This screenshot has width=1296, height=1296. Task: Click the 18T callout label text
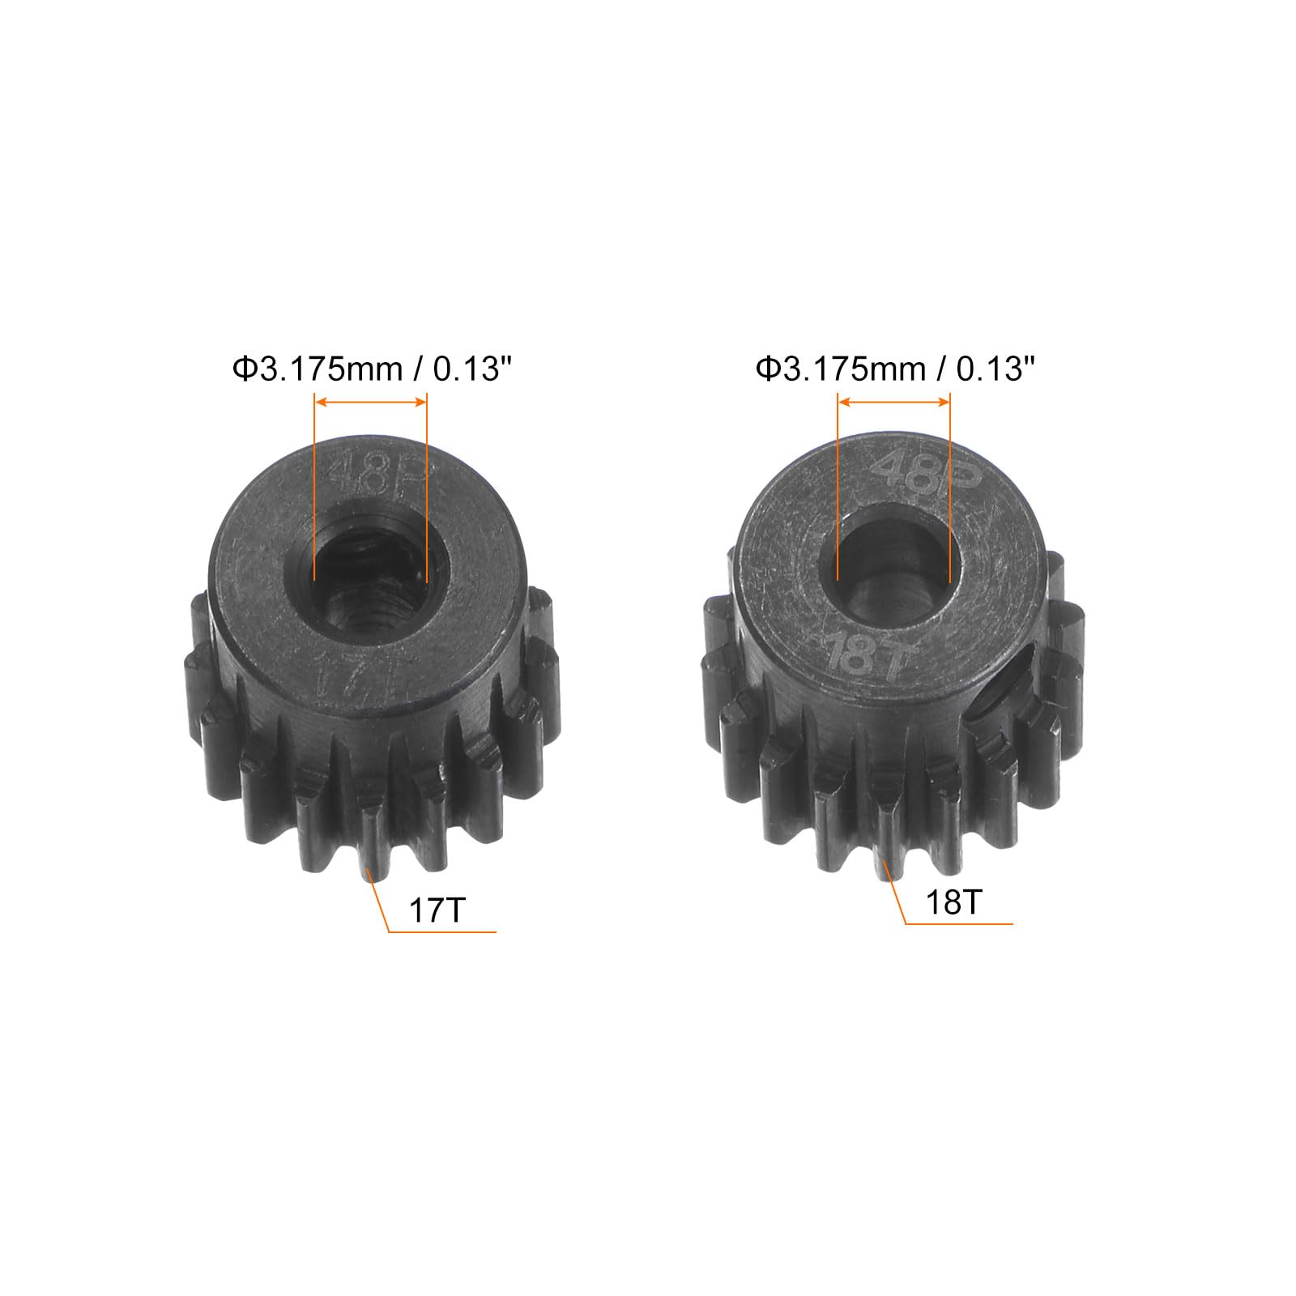pyautogui.click(x=954, y=902)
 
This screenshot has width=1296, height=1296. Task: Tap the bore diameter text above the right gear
pyautogui.click(x=896, y=369)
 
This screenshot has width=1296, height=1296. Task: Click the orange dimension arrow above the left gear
pyautogui.click(x=370, y=402)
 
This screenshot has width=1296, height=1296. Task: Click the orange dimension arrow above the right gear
pyautogui.click(x=893, y=402)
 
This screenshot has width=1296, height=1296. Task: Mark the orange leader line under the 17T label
pyautogui.click(x=442, y=932)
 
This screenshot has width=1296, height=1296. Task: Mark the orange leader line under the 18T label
pyautogui.click(x=959, y=923)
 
